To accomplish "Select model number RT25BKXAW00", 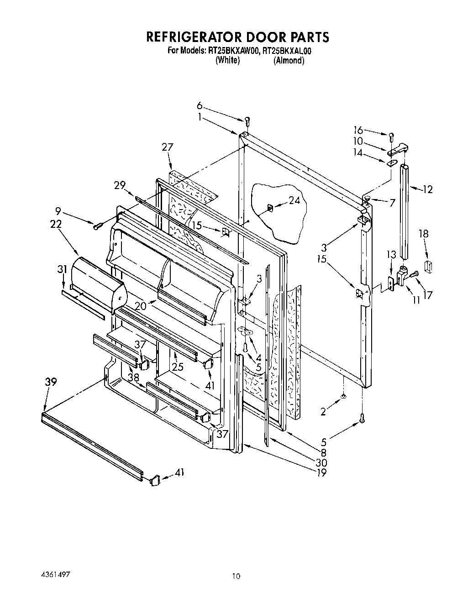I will (x=231, y=52).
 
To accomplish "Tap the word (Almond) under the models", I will (x=289, y=61).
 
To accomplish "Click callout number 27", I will (x=168, y=147).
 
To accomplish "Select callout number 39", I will (x=51, y=382).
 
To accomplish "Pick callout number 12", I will (x=427, y=189).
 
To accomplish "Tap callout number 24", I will (x=294, y=200).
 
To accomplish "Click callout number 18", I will (x=424, y=234).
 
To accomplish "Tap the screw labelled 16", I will (x=391, y=136).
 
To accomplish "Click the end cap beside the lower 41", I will (x=154, y=479).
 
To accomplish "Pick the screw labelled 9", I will (x=97, y=226).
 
